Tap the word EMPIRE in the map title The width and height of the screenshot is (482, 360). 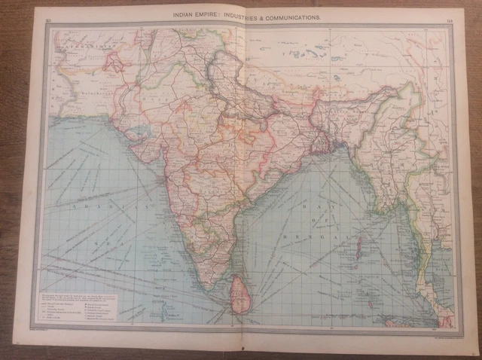coord(215,15)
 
